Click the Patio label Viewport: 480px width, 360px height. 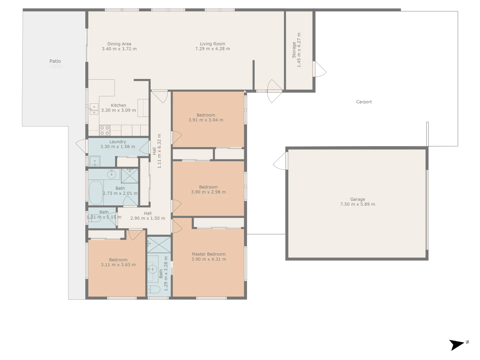click(55, 61)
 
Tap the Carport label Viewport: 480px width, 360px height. click(364, 102)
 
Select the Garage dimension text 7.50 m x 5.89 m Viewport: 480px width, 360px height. click(357, 204)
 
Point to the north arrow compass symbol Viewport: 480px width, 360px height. click(458, 345)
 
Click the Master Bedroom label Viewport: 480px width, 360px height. click(209, 254)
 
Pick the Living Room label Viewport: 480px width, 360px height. click(212, 44)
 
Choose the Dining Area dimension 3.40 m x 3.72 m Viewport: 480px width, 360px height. click(119, 49)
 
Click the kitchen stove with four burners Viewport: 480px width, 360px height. click(105, 130)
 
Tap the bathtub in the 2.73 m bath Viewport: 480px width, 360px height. click(96, 192)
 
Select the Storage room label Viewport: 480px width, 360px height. click(294, 50)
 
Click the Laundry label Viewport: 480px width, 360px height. click(118, 142)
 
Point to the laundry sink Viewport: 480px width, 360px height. click(95, 161)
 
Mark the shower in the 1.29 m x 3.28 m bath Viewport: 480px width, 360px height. click(159, 245)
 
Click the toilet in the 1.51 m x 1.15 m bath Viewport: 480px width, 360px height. click(95, 218)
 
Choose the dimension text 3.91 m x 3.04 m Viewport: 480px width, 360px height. click(206, 120)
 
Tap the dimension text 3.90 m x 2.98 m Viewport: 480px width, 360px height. click(208, 192)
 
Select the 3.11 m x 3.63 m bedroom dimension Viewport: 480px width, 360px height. click(118, 265)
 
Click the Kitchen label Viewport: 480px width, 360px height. click(118, 105)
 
